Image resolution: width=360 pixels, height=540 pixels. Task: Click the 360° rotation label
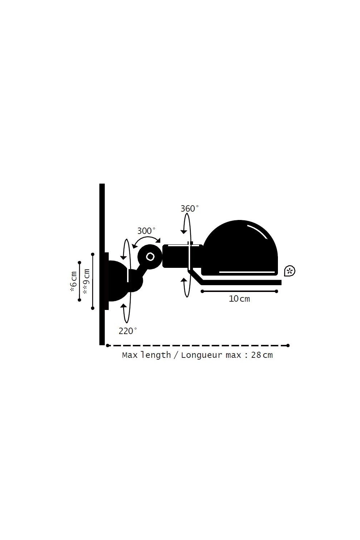coord(189,208)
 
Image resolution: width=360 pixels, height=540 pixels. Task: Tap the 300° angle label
coord(146,231)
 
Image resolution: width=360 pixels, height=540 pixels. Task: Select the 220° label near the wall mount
coord(127,331)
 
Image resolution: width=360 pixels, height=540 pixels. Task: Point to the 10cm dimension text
coord(239,299)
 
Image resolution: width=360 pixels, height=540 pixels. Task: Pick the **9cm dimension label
coord(86,282)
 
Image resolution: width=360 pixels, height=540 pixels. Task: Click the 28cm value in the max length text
coord(262,355)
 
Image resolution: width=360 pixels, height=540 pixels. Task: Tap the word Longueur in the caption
coord(202,355)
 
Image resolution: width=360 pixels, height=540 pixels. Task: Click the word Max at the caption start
coord(130,355)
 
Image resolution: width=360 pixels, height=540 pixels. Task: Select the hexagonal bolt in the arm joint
coord(150,257)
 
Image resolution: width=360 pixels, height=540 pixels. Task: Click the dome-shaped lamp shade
coord(239,248)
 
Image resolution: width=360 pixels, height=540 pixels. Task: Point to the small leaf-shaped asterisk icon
coord(289,271)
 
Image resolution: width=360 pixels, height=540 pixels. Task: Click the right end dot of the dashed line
coord(288,346)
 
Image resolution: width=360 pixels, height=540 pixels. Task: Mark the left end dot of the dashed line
coord(108,346)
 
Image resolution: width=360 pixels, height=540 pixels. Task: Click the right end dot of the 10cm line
coord(276,292)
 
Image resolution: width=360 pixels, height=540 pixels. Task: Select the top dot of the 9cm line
coord(93,254)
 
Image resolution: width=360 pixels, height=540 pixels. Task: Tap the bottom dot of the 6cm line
coord(80,300)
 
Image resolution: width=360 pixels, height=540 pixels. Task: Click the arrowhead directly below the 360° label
coord(184,232)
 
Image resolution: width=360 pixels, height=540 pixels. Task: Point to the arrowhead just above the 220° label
coord(123,305)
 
